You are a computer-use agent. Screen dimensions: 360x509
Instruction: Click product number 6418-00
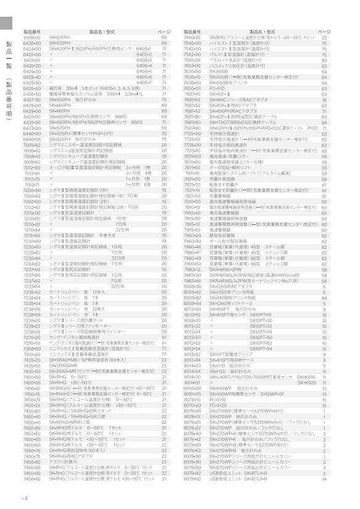pos(31,38)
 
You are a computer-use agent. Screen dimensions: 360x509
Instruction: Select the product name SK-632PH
pos(60,43)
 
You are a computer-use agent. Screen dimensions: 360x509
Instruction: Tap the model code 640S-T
pos(143,82)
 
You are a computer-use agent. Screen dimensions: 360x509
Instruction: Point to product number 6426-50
pos(31,93)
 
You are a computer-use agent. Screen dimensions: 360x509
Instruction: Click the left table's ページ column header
pos(164,30)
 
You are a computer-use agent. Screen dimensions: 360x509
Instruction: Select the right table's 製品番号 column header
pos(192,30)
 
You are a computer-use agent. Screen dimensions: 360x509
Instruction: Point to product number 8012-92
pos(192,355)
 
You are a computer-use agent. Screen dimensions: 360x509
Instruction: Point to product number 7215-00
pos(31,234)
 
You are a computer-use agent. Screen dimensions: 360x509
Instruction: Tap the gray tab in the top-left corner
pos(6,22)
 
